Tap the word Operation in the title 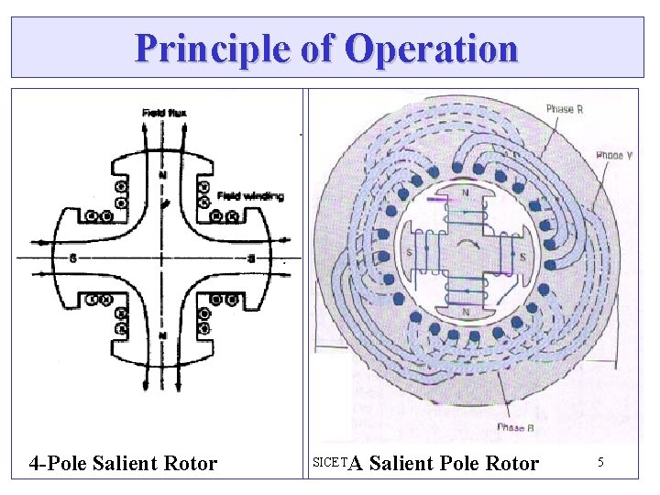(432, 48)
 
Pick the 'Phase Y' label (615, 156)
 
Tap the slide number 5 (600, 463)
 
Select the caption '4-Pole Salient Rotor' (123, 464)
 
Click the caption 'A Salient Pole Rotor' (445, 464)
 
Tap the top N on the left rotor (163, 175)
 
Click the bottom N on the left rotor (163, 335)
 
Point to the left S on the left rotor (71, 258)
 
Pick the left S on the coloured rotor (408, 253)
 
